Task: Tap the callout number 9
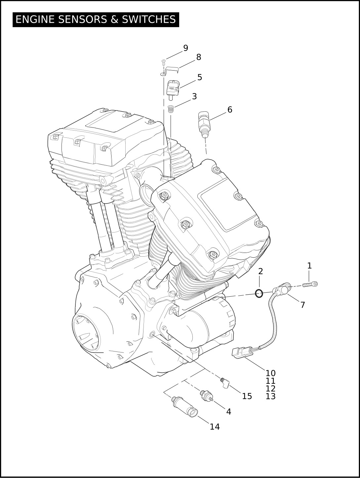[185, 48]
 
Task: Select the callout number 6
[230, 110]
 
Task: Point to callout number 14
[215, 427]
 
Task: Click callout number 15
[247, 396]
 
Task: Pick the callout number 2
[260, 272]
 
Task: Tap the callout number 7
[302, 305]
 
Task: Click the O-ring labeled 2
[259, 293]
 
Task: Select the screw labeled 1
[310, 284]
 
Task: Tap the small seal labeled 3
[171, 109]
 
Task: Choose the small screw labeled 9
[163, 61]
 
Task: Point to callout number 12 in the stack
[270, 388]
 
